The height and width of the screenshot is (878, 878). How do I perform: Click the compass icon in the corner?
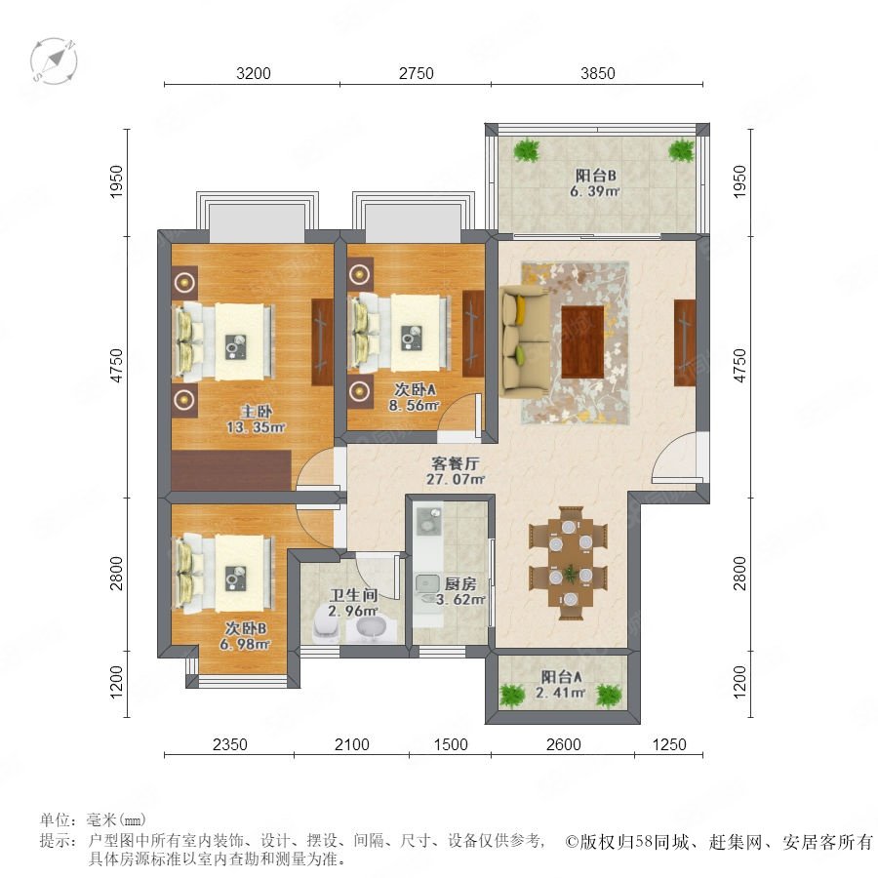[x=54, y=61]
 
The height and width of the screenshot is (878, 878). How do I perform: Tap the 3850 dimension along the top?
[x=597, y=73]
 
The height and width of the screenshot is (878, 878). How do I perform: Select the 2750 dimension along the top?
[x=416, y=73]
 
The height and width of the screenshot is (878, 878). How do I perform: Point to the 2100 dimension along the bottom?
[x=351, y=744]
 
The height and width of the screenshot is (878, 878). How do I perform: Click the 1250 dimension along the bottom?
[x=669, y=744]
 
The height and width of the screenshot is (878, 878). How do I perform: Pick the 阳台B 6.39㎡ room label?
[x=595, y=183]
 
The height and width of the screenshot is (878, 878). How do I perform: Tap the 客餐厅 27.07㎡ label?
[x=456, y=471]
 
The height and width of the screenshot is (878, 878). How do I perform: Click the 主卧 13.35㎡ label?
[x=256, y=419]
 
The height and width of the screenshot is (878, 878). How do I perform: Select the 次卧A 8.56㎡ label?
[x=415, y=397]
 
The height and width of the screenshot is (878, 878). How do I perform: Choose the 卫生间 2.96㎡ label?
[x=353, y=603]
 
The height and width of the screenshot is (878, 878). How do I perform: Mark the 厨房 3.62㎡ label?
[x=460, y=591]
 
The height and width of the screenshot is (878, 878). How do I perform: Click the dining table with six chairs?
[x=569, y=563]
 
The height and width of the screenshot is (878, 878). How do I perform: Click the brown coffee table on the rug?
[x=582, y=341]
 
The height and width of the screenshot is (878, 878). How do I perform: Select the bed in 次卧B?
[x=224, y=573]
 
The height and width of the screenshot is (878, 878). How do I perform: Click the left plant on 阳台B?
[x=527, y=150]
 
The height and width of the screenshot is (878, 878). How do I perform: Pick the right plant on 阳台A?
[x=609, y=695]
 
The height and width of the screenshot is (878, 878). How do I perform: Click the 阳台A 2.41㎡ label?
[x=561, y=685]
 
